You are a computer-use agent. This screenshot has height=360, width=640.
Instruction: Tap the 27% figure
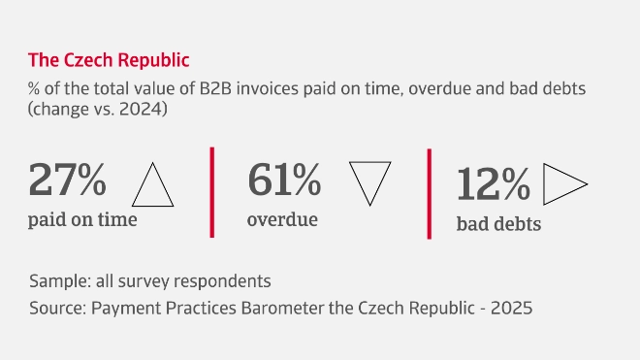point(67,180)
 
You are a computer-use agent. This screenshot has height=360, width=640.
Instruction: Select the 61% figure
point(284,180)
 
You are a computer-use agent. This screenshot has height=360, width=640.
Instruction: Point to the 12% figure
point(494,184)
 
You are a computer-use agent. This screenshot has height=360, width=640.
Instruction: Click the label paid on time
point(82,219)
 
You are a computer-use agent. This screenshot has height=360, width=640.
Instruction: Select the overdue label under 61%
point(282,219)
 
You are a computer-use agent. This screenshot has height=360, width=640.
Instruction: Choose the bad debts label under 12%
point(498,225)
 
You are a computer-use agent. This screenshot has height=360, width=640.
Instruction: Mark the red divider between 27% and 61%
point(211,191)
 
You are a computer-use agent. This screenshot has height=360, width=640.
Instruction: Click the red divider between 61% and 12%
point(429,193)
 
